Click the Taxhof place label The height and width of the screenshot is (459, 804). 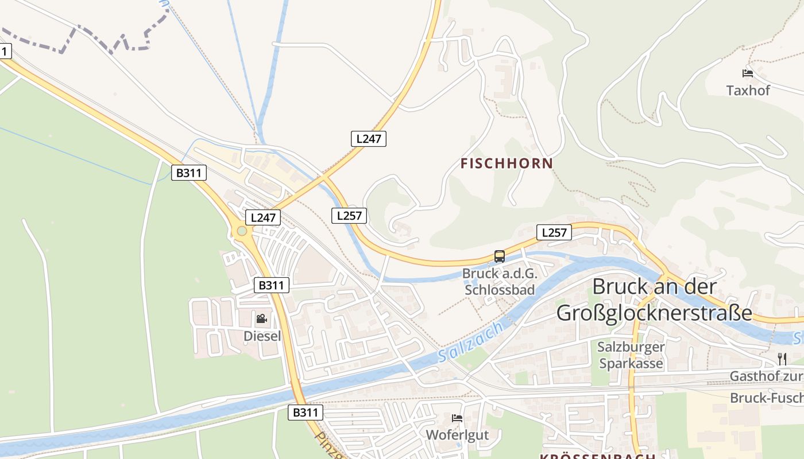pyautogui.click(x=748, y=90)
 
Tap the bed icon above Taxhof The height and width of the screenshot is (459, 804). pyautogui.click(x=747, y=73)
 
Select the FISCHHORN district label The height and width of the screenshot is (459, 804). pyautogui.click(x=507, y=164)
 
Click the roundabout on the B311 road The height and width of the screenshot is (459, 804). pyautogui.click(x=242, y=231)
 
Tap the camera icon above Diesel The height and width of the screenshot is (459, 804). pyautogui.click(x=261, y=318)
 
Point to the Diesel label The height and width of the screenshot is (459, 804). pyautogui.click(x=262, y=336)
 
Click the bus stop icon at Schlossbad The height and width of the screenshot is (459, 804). pyautogui.click(x=500, y=256)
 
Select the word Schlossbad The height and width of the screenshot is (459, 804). pyautogui.click(x=500, y=289)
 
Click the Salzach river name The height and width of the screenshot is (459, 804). pyautogui.click(x=470, y=341)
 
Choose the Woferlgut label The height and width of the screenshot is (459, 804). pyautogui.click(x=457, y=434)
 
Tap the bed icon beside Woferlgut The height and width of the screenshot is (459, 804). pyautogui.click(x=457, y=418)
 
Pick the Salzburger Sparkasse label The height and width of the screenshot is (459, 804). pyautogui.click(x=631, y=355)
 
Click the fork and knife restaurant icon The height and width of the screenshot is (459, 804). pyautogui.click(x=782, y=359)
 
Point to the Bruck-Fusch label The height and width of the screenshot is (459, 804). pyautogui.click(x=766, y=398)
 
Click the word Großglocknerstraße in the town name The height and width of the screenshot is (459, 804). pyautogui.click(x=654, y=313)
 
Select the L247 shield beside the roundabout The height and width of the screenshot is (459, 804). pyautogui.click(x=263, y=217)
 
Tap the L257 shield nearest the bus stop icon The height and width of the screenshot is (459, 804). pyautogui.click(x=554, y=232)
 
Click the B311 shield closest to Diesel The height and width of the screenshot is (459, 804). pyautogui.click(x=271, y=285)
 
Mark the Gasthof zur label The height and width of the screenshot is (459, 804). pyautogui.click(x=766, y=376)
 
